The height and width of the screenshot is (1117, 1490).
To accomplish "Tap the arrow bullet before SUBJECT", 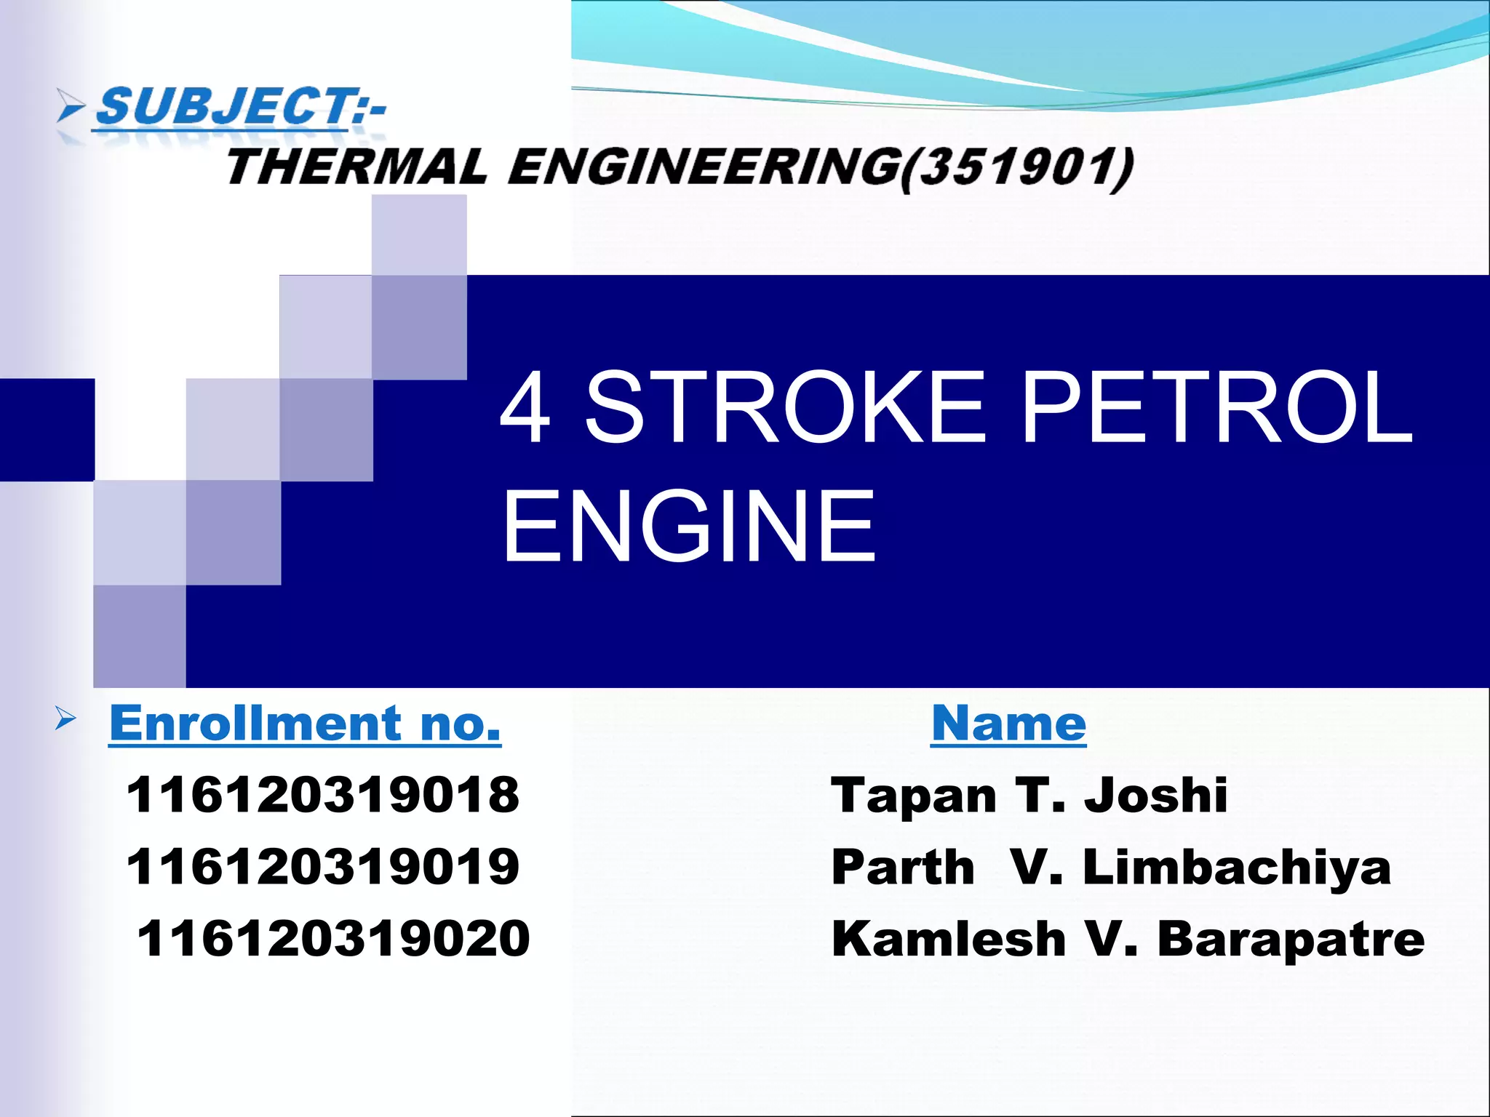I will click(71, 108).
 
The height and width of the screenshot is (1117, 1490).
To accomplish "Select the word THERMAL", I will click(356, 167).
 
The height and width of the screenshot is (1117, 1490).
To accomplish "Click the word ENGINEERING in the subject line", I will click(703, 167).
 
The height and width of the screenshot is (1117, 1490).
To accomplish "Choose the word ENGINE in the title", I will click(689, 526).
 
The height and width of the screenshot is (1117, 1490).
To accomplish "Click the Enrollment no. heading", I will click(305, 724).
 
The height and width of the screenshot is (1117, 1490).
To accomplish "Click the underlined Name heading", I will click(1008, 724).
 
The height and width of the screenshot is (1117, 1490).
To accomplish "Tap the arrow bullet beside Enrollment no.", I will click(65, 720).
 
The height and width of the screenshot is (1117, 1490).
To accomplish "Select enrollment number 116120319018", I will click(323, 794).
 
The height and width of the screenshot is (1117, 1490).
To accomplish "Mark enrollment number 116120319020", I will click(333, 938).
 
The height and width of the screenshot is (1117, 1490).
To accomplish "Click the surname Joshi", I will click(1156, 795).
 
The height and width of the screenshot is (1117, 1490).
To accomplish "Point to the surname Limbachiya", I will click(1237, 868).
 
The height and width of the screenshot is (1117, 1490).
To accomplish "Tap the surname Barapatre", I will click(1291, 939).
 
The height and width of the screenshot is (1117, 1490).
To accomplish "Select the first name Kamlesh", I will click(949, 939).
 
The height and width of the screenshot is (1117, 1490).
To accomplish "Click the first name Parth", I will click(903, 868).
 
